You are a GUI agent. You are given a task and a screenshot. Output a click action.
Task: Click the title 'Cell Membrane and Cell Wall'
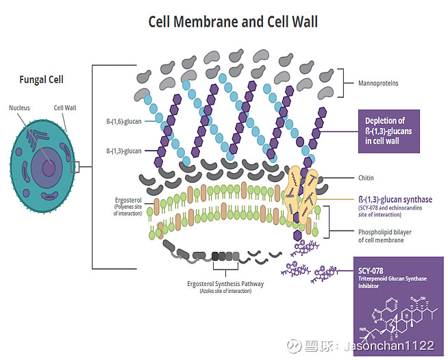[x=233, y=22]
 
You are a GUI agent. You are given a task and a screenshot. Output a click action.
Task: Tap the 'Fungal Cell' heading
[x=41, y=79]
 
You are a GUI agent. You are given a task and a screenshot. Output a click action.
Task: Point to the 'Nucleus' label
[x=19, y=107]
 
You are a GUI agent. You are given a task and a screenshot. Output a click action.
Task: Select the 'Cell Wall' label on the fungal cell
[x=65, y=107]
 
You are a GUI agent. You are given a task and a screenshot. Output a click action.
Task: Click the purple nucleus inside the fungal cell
[x=48, y=168]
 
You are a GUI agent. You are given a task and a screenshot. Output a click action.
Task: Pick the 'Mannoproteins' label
[x=378, y=83]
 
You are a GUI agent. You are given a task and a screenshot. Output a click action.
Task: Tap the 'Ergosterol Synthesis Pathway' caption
[x=225, y=283]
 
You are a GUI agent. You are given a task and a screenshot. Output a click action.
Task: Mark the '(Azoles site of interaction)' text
[x=225, y=292]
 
